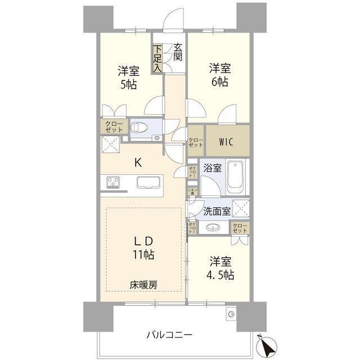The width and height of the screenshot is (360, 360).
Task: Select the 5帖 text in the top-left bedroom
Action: tap(128, 84)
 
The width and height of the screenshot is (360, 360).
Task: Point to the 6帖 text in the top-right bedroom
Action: tap(219, 82)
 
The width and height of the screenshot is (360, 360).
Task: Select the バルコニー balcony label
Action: tap(169, 334)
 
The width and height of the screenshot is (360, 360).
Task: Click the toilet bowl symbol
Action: tap(141, 128)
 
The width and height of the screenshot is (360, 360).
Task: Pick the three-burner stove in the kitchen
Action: tap(112, 182)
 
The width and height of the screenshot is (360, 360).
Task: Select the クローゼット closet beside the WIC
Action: tap(195, 142)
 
